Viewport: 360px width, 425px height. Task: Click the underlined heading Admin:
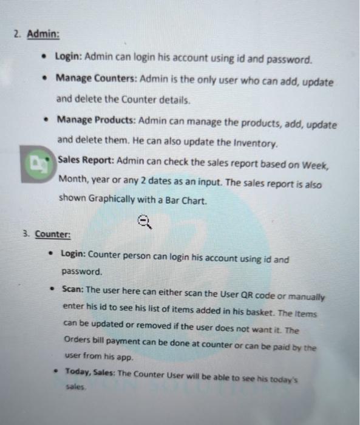(x=42, y=34)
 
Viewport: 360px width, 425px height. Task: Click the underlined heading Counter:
(x=52, y=234)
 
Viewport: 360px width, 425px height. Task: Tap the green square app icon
(x=36, y=164)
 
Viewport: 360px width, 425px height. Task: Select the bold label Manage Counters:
(x=97, y=80)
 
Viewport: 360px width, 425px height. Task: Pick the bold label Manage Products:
(x=97, y=120)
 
